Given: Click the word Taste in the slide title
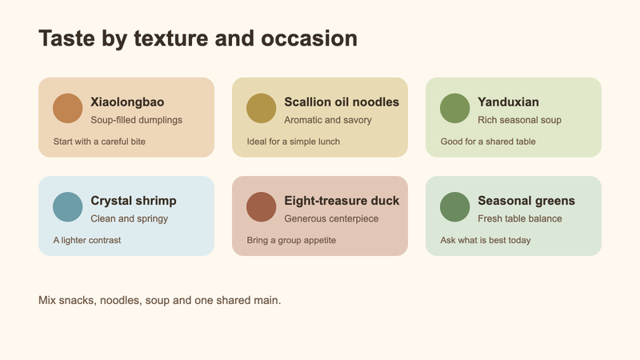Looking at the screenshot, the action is click(x=67, y=38).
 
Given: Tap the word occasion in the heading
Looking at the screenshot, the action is click(x=309, y=38).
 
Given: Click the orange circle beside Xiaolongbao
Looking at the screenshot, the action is click(x=68, y=108).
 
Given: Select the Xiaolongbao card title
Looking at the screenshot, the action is click(x=127, y=102).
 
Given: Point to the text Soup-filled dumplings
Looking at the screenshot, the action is click(x=136, y=120).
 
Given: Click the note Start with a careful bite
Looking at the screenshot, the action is click(x=99, y=142).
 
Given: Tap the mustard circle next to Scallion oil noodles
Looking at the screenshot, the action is click(x=262, y=108).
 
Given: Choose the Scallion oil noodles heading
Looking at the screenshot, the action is click(x=342, y=102).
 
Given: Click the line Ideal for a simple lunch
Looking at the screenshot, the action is click(x=293, y=142).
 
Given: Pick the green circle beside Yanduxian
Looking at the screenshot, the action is click(x=454, y=108).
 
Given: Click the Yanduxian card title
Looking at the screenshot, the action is click(x=508, y=102).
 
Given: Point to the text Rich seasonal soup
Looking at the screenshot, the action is click(x=519, y=120).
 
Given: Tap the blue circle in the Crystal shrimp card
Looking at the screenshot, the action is click(x=68, y=207).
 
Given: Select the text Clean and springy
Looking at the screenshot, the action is click(x=129, y=218).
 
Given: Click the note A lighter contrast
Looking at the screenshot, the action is click(x=87, y=241).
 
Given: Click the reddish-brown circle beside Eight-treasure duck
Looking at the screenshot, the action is click(x=262, y=207).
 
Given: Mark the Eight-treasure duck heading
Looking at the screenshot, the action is click(x=342, y=201).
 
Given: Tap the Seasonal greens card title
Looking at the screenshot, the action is click(x=526, y=201).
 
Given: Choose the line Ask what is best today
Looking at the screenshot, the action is click(x=486, y=241).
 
